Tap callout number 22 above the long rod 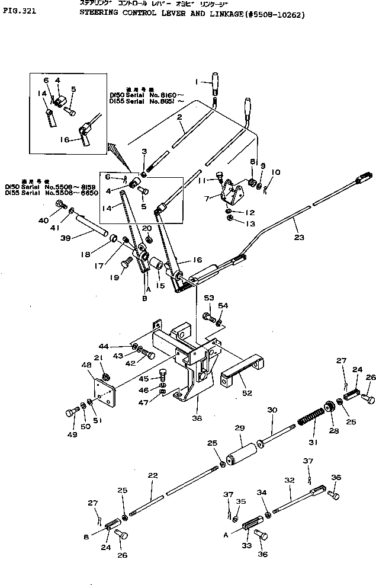pyautogui.click(x=153, y=476)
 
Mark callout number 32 pyautogui.click(x=290, y=481)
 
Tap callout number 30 pyautogui.click(x=272, y=410)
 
